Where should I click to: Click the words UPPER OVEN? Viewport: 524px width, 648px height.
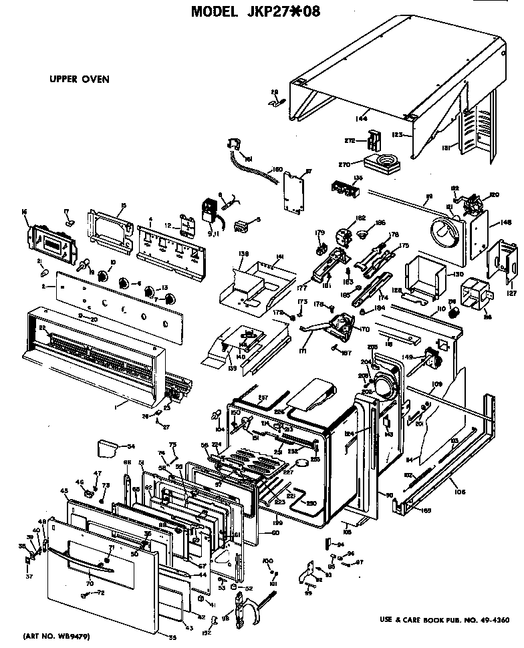point(79,79)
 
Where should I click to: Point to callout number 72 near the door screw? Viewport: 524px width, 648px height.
point(100,593)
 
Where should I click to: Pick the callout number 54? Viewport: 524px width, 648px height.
point(131,446)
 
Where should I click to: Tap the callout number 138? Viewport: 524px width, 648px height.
point(243,255)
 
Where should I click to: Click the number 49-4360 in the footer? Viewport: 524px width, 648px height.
point(493,619)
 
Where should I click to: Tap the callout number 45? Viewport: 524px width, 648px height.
point(65,491)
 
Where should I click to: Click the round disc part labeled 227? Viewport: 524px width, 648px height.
point(305,462)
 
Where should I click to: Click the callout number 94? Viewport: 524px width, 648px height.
point(340,544)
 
